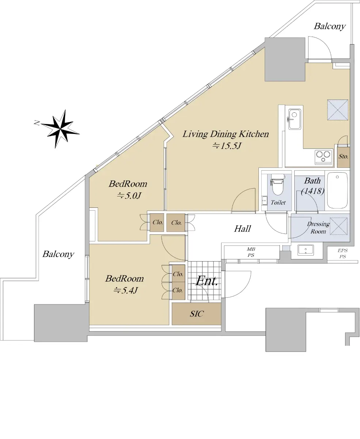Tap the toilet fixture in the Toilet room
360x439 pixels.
click(277, 185)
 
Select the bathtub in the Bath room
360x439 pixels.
click(337, 190)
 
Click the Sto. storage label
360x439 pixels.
click(343, 156)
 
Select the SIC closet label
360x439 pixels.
click(197, 314)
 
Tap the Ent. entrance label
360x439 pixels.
click(207, 281)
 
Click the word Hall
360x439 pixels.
click(242, 229)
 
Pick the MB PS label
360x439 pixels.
click(251, 252)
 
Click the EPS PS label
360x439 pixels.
click(342, 254)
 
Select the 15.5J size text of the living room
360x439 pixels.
click(226, 146)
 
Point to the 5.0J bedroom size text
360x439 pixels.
click(129, 195)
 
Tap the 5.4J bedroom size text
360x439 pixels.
click(126, 290)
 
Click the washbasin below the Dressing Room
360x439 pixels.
click(306, 250)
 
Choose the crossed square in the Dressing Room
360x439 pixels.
click(338, 226)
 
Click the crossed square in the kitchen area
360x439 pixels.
click(338, 110)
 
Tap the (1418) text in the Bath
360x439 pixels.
click(312, 191)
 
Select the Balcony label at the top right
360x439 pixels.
click(330, 26)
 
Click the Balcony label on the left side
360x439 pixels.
click(58, 254)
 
